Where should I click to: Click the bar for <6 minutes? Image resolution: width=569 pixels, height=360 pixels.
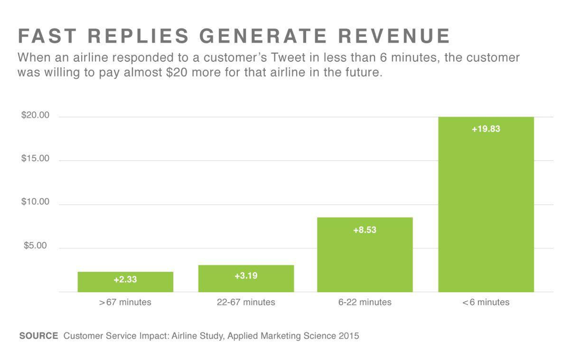(x=485, y=205)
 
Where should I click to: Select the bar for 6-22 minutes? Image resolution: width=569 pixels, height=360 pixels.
(x=365, y=255)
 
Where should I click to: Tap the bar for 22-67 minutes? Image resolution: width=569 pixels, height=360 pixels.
(x=246, y=279)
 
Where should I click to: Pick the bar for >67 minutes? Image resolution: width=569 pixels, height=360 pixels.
(x=125, y=282)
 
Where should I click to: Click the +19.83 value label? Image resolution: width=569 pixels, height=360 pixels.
(x=485, y=129)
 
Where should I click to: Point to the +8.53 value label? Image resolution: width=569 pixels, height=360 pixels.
(x=365, y=230)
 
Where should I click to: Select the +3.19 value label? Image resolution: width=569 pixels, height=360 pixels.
(x=246, y=275)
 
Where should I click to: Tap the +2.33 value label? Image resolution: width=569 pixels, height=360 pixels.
(x=125, y=280)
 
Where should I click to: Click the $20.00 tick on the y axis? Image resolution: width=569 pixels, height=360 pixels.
(x=36, y=116)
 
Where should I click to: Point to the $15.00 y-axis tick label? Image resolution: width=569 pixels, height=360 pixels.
(x=36, y=159)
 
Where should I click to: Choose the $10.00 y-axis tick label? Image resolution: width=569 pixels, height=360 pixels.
(x=36, y=202)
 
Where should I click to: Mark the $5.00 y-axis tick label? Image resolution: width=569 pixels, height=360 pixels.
(x=36, y=245)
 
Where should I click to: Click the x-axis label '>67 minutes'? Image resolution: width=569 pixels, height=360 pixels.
(x=125, y=302)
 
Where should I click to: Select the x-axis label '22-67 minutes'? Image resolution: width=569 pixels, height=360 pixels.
(x=246, y=302)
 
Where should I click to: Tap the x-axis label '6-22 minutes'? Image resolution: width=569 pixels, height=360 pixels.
(x=365, y=302)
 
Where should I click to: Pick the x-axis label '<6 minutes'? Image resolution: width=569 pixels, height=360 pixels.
(x=485, y=302)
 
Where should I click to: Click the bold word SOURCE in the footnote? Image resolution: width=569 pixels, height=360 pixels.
(x=39, y=336)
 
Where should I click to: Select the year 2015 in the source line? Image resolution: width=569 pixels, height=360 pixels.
(x=348, y=336)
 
